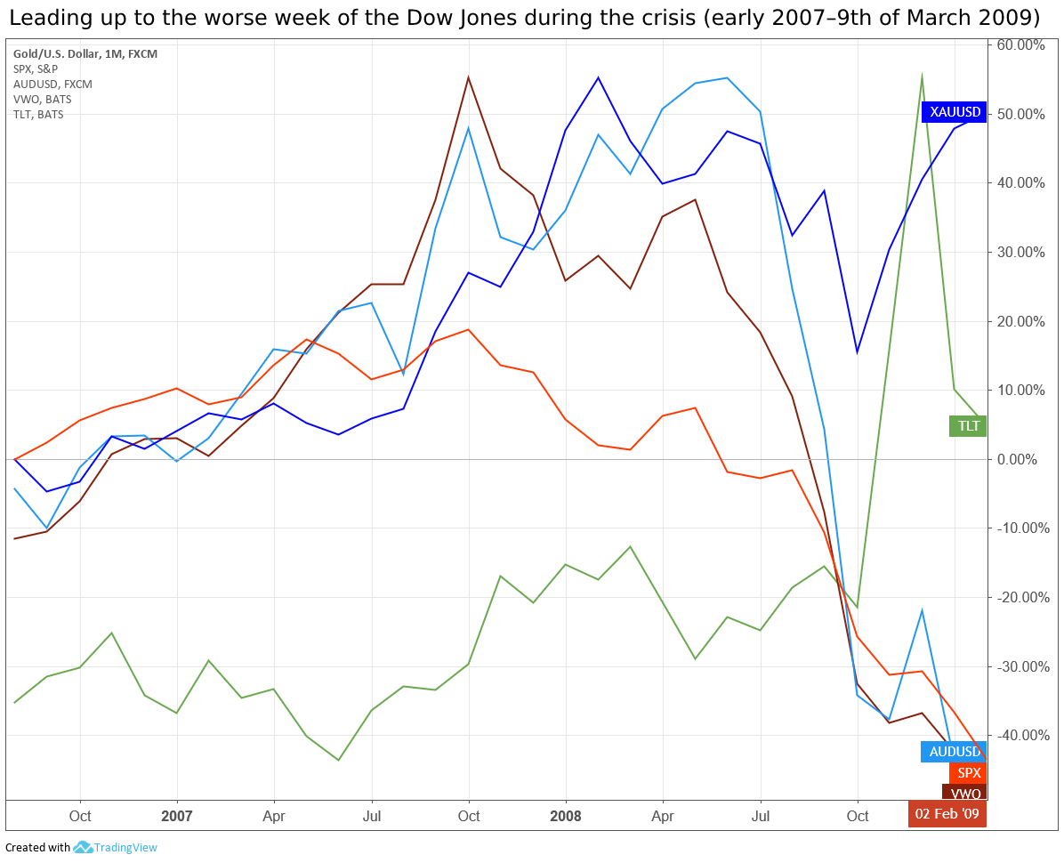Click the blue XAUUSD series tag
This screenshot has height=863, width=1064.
coord(954,111)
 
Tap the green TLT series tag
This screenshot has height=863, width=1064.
coord(967,426)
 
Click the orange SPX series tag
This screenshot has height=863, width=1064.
coord(968,773)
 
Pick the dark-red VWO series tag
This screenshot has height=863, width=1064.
coord(964,793)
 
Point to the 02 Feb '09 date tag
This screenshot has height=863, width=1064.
coord(947,814)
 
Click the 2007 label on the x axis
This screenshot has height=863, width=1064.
coord(177,816)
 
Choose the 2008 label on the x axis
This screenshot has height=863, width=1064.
coord(566,816)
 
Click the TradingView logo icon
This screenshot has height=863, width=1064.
coord(84,848)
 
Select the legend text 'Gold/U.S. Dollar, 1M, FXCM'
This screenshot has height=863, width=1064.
coord(85,54)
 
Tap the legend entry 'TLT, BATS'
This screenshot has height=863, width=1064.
coord(37,115)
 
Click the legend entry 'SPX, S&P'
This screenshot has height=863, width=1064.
coord(36,69)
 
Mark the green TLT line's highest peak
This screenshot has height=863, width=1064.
coord(922,76)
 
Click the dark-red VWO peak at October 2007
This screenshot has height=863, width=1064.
coord(469,77)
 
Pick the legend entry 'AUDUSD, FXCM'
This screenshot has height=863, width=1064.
coord(52,85)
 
